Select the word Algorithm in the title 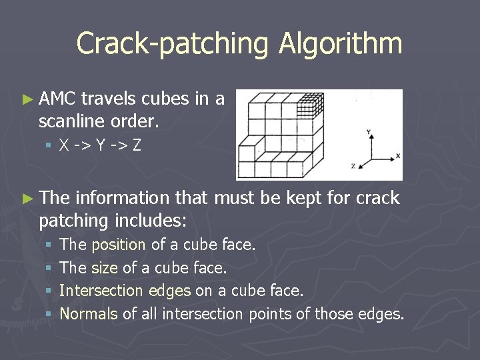(340, 44)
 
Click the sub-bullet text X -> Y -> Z (100, 145)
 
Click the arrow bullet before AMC (27, 100)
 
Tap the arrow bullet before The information (27, 199)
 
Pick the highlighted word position (119, 245)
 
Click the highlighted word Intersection (101, 291)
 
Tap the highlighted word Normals (89, 313)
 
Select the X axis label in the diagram (398, 155)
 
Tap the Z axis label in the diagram (353, 164)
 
